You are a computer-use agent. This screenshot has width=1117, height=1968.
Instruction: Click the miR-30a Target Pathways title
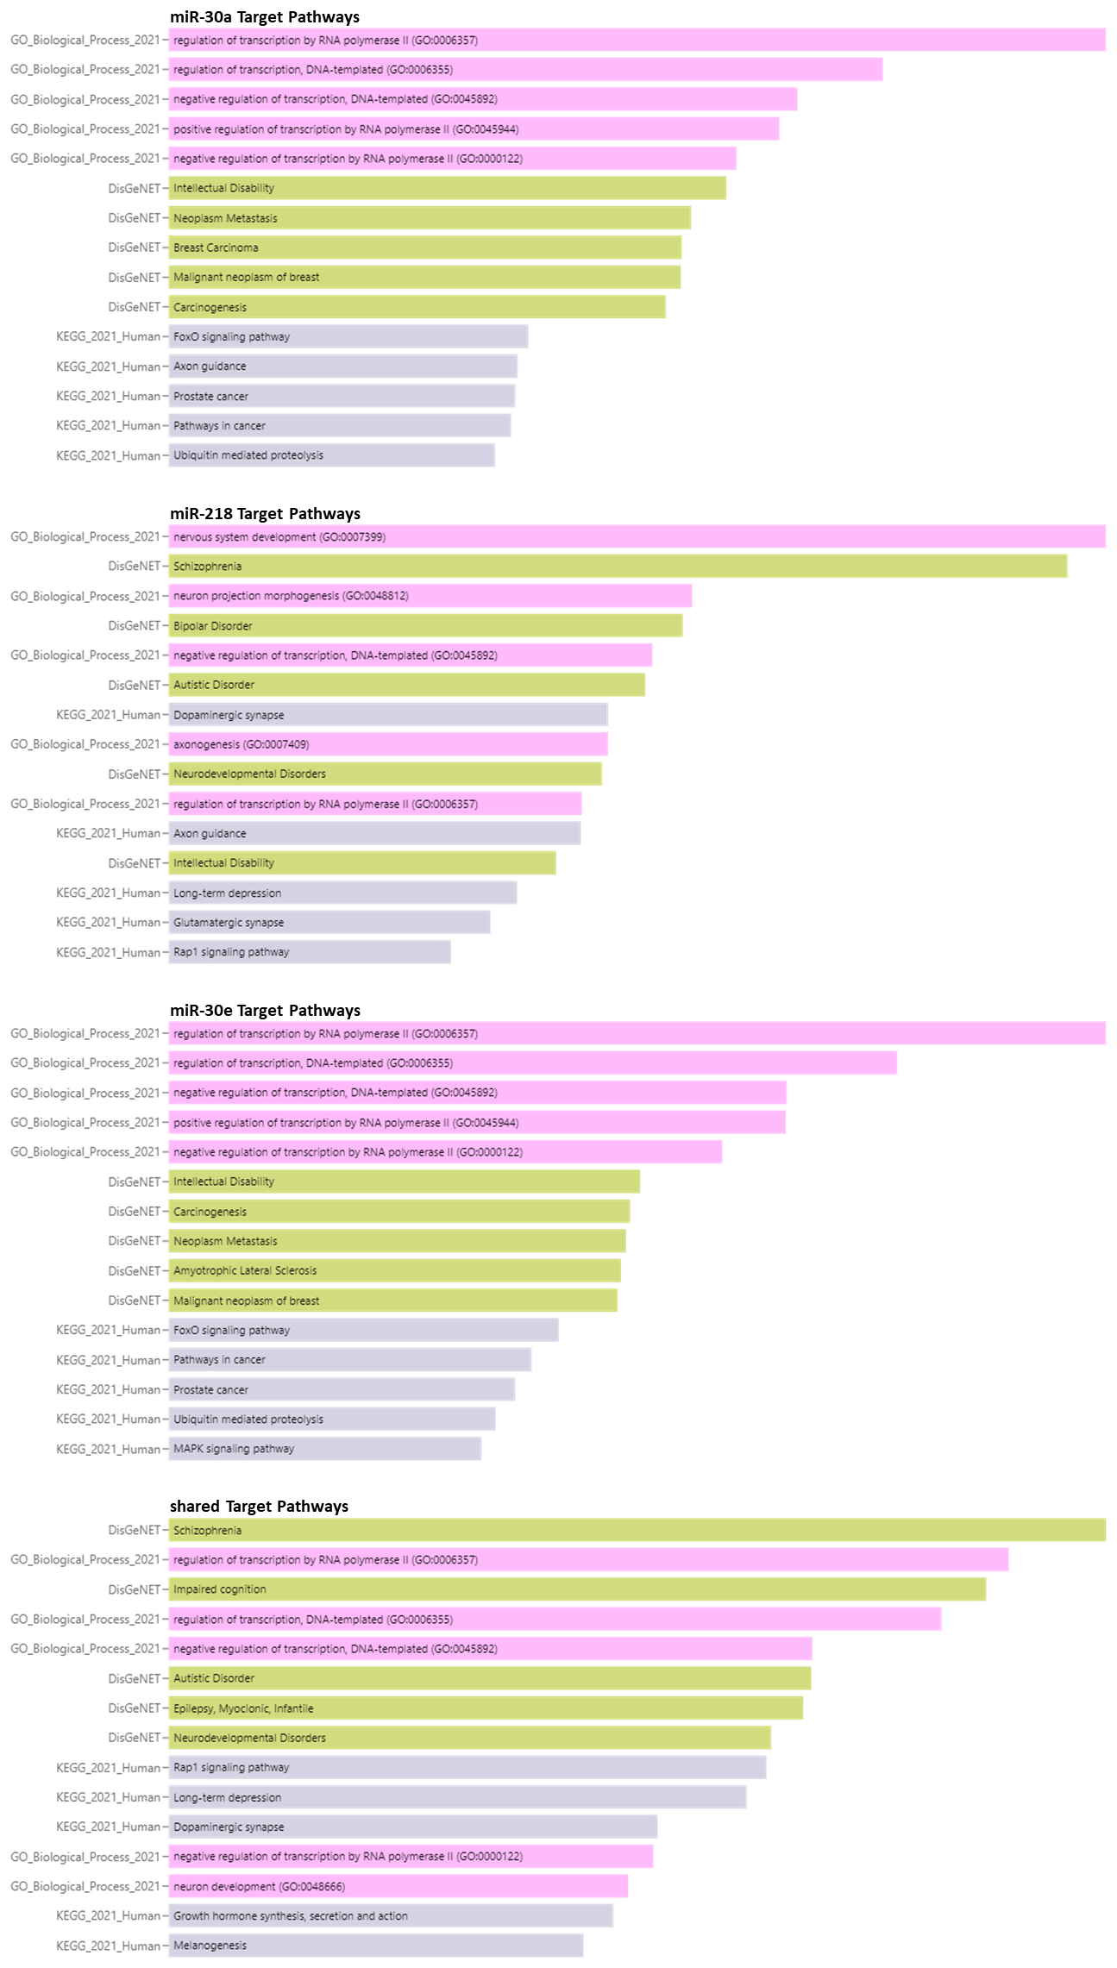[264, 17]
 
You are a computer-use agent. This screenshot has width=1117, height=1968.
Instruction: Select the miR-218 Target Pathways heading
[265, 514]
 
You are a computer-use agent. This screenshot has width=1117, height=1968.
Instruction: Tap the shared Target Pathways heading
[259, 1506]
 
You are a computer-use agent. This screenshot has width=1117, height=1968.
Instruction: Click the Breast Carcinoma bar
[424, 248]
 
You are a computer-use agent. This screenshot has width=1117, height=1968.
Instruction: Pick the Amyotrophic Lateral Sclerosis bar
[394, 1270]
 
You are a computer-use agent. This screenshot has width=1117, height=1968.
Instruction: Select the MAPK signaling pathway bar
[324, 1449]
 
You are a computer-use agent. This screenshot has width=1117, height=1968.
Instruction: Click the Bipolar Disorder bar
[425, 625]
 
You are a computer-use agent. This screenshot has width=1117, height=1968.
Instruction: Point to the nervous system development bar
[637, 536]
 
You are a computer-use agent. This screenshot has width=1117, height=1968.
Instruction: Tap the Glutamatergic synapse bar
[329, 923]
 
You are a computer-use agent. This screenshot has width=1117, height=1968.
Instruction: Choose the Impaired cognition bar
[577, 1589]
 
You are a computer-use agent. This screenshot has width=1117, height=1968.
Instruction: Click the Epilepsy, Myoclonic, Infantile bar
[486, 1708]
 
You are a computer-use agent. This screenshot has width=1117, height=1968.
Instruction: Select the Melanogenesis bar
[375, 1946]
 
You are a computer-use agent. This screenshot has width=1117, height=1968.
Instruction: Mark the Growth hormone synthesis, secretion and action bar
[390, 1916]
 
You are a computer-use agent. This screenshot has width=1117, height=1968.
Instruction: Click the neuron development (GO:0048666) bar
[398, 1887]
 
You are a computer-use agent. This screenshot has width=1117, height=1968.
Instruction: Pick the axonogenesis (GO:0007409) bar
[388, 744]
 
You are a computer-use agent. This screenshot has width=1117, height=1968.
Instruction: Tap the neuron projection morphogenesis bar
[430, 596]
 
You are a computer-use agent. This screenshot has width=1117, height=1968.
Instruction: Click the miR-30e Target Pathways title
[265, 1010]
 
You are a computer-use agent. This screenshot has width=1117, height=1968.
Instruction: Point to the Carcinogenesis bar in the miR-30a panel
[417, 307]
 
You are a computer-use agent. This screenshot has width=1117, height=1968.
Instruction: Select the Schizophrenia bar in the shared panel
[637, 1531]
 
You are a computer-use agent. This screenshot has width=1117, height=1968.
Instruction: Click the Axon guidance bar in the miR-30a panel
[342, 367]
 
